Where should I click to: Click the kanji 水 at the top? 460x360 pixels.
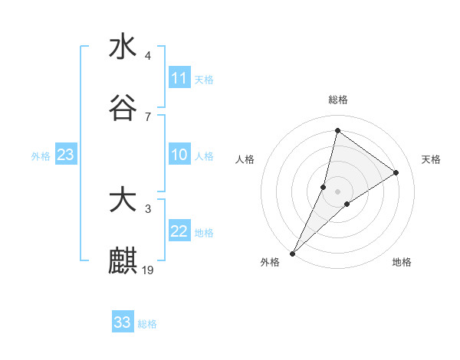coord(123,47)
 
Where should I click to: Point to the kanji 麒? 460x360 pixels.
coord(123,261)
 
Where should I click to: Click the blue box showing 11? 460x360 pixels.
coord(179,78)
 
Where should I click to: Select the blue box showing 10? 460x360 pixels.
coord(179,155)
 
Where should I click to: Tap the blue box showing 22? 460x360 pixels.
coord(179,232)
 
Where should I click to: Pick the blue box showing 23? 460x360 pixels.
coord(66,155)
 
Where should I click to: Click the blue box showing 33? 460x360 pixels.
coord(123,322)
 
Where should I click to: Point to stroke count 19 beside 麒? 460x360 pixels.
coord(148,270)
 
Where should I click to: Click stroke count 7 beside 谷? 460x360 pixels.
coord(148,116)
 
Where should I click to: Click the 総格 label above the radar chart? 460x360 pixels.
coord(338,100)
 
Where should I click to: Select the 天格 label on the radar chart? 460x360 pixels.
coord(431,159)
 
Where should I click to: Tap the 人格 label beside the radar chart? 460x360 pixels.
coord(245,159)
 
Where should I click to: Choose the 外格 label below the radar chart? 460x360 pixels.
coord(270,262)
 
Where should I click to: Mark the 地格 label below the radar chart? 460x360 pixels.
coord(402,262)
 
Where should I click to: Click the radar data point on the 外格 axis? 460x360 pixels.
coord(293,253)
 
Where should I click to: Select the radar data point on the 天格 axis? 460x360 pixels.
coord(396,172)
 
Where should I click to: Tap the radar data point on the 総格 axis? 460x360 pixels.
coord(337,130)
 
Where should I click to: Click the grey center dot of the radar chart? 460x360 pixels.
coord(338,191)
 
